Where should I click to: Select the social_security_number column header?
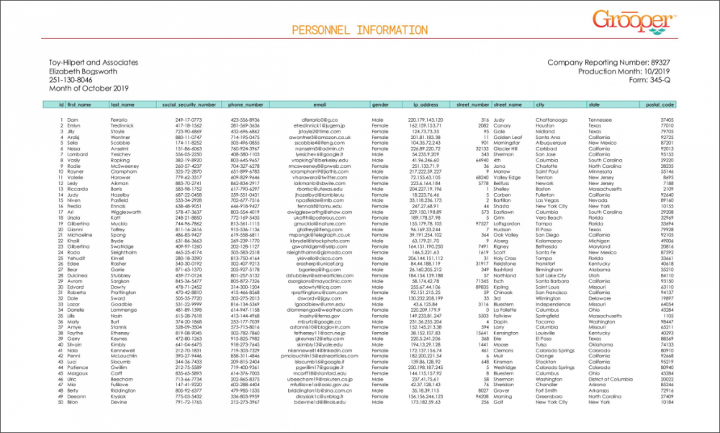[186, 105]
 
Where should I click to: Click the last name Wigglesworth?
[128, 213]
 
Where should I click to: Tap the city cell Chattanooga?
[554, 119]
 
